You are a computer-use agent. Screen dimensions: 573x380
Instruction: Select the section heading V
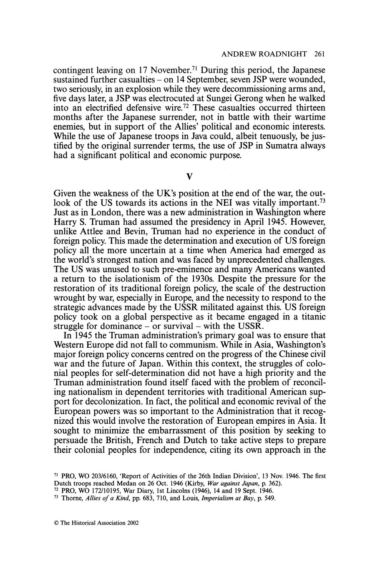tap(189, 177)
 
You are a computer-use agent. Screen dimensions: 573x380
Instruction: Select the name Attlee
tap(89, 231)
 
